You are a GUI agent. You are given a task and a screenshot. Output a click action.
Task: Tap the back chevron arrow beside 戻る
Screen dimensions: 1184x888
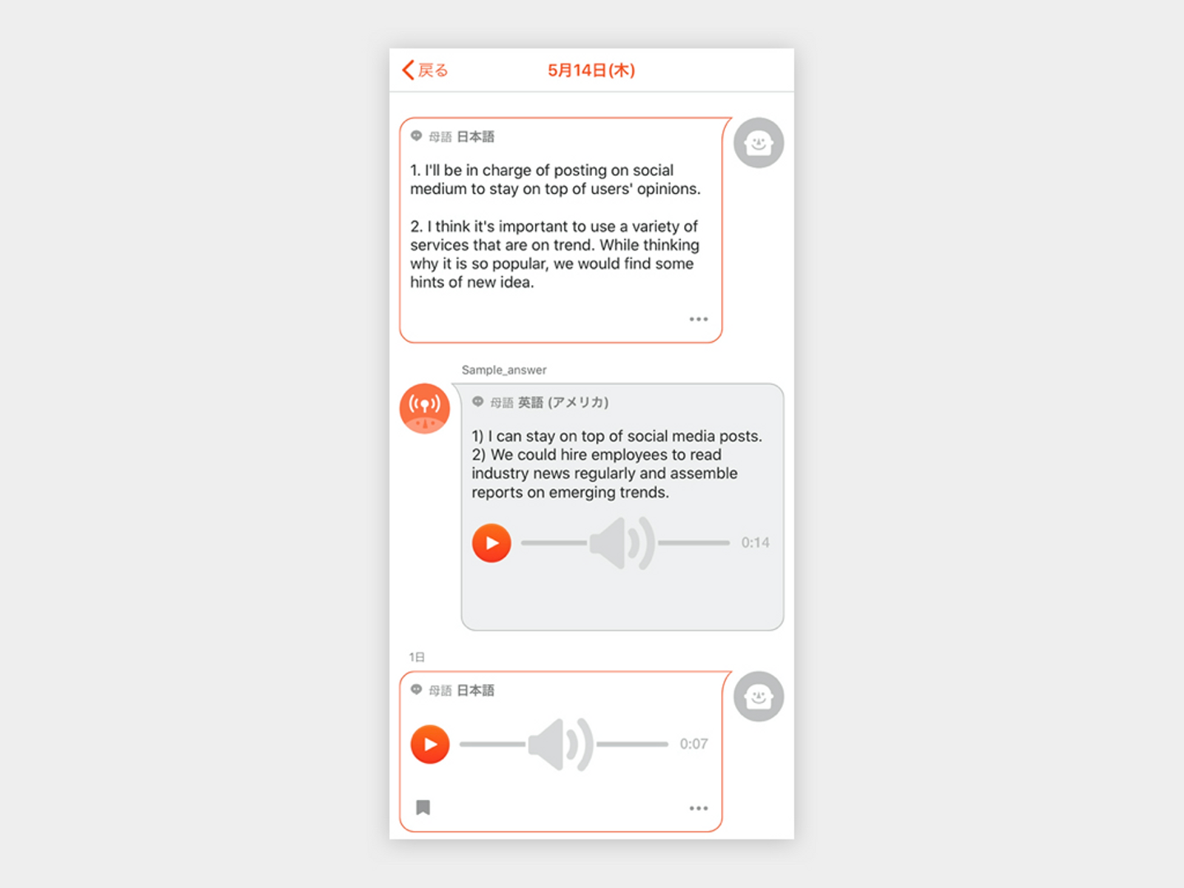coord(409,70)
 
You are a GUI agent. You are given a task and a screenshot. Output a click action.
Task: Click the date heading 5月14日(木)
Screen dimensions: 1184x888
coord(591,70)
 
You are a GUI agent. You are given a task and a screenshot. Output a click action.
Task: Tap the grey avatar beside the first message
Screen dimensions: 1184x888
coord(758,143)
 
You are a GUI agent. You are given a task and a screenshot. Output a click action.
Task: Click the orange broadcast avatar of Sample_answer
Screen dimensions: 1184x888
coord(424,408)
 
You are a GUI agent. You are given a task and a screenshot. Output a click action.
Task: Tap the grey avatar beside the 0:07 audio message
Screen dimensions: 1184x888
coord(758,696)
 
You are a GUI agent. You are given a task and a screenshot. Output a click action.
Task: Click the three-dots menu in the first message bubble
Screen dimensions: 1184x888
coord(699,319)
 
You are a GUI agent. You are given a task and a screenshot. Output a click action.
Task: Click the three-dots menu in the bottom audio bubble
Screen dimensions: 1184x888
coord(699,808)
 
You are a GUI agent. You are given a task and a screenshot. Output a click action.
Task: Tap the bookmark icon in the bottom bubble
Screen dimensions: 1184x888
coord(423,807)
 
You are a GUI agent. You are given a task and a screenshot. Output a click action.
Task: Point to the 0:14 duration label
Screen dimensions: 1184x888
coord(755,543)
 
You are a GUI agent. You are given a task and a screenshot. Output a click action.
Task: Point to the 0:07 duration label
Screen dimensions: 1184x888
coord(694,744)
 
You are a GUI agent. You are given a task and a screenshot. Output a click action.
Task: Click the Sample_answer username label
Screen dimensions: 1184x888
coord(504,370)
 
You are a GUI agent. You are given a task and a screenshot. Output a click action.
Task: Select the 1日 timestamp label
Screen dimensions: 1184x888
coord(417,657)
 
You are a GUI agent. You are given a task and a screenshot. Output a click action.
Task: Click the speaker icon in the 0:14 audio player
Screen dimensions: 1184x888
coord(622,543)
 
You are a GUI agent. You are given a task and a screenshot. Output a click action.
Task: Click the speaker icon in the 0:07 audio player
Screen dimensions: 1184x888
coord(561,745)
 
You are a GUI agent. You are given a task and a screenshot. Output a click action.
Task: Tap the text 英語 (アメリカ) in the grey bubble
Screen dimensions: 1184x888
coord(563,402)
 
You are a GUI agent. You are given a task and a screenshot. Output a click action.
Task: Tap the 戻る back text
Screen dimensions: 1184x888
coord(433,70)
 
